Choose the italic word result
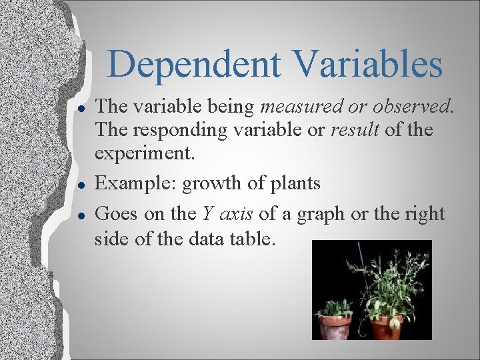356,129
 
